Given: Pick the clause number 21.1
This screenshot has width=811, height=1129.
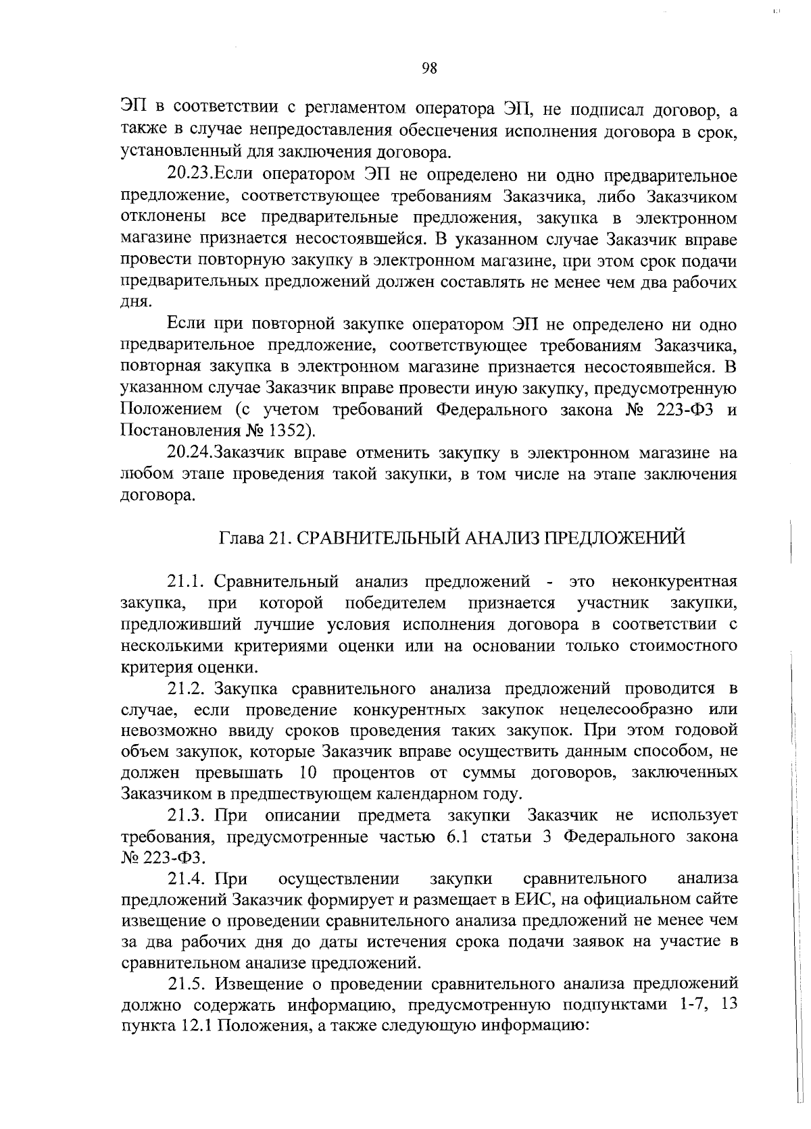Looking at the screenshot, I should tap(187, 581).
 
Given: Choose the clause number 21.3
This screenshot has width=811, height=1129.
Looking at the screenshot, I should tap(187, 816).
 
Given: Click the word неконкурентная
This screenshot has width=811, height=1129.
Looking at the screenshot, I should tap(673, 581).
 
